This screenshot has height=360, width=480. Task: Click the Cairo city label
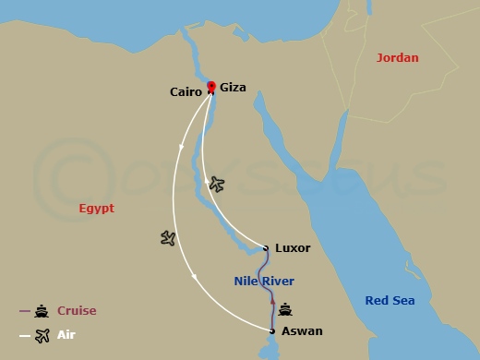click(x=186, y=91)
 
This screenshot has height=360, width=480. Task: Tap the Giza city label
click(x=233, y=89)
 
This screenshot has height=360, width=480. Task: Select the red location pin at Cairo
click(x=211, y=88)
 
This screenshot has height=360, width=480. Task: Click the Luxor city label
click(x=293, y=248)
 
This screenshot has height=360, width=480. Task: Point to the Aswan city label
click(x=302, y=330)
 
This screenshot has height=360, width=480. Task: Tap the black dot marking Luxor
click(x=266, y=248)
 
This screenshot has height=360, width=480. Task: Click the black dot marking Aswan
click(x=272, y=330)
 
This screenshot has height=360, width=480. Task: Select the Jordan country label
click(x=397, y=57)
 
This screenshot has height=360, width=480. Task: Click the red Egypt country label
click(x=96, y=209)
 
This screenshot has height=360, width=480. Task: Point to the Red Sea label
click(x=390, y=301)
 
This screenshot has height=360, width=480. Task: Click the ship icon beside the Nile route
click(x=285, y=310)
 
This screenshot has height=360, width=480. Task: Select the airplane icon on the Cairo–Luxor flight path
click(x=217, y=184)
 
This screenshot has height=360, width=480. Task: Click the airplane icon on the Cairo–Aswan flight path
click(x=167, y=238)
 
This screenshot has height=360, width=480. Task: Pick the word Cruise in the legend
click(x=77, y=311)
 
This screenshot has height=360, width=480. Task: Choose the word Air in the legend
click(x=66, y=335)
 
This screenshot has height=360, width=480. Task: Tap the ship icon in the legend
click(x=42, y=311)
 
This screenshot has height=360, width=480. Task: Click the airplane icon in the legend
click(x=42, y=335)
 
